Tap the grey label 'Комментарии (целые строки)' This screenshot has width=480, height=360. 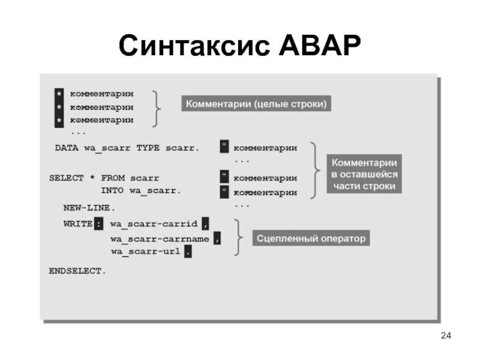(x=256, y=104)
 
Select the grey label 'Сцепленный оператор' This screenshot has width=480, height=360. (x=311, y=239)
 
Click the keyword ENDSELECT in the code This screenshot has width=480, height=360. (x=77, y=271)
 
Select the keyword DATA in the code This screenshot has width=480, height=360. (x=67, y=148)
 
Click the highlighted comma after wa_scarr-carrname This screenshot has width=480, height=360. (x=217, y=239)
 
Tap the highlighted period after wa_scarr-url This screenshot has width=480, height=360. (x=188, y=252)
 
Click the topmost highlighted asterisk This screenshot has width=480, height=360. (x=59, y=94)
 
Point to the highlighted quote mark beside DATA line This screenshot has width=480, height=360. (x=224, y=148)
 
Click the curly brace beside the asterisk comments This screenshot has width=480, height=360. (x=157, y=108)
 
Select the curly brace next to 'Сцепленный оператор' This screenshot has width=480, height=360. (x=238, y=238)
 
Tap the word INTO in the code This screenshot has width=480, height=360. (x=112, y=191)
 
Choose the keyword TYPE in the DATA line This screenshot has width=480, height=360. (x=148, y=148)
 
